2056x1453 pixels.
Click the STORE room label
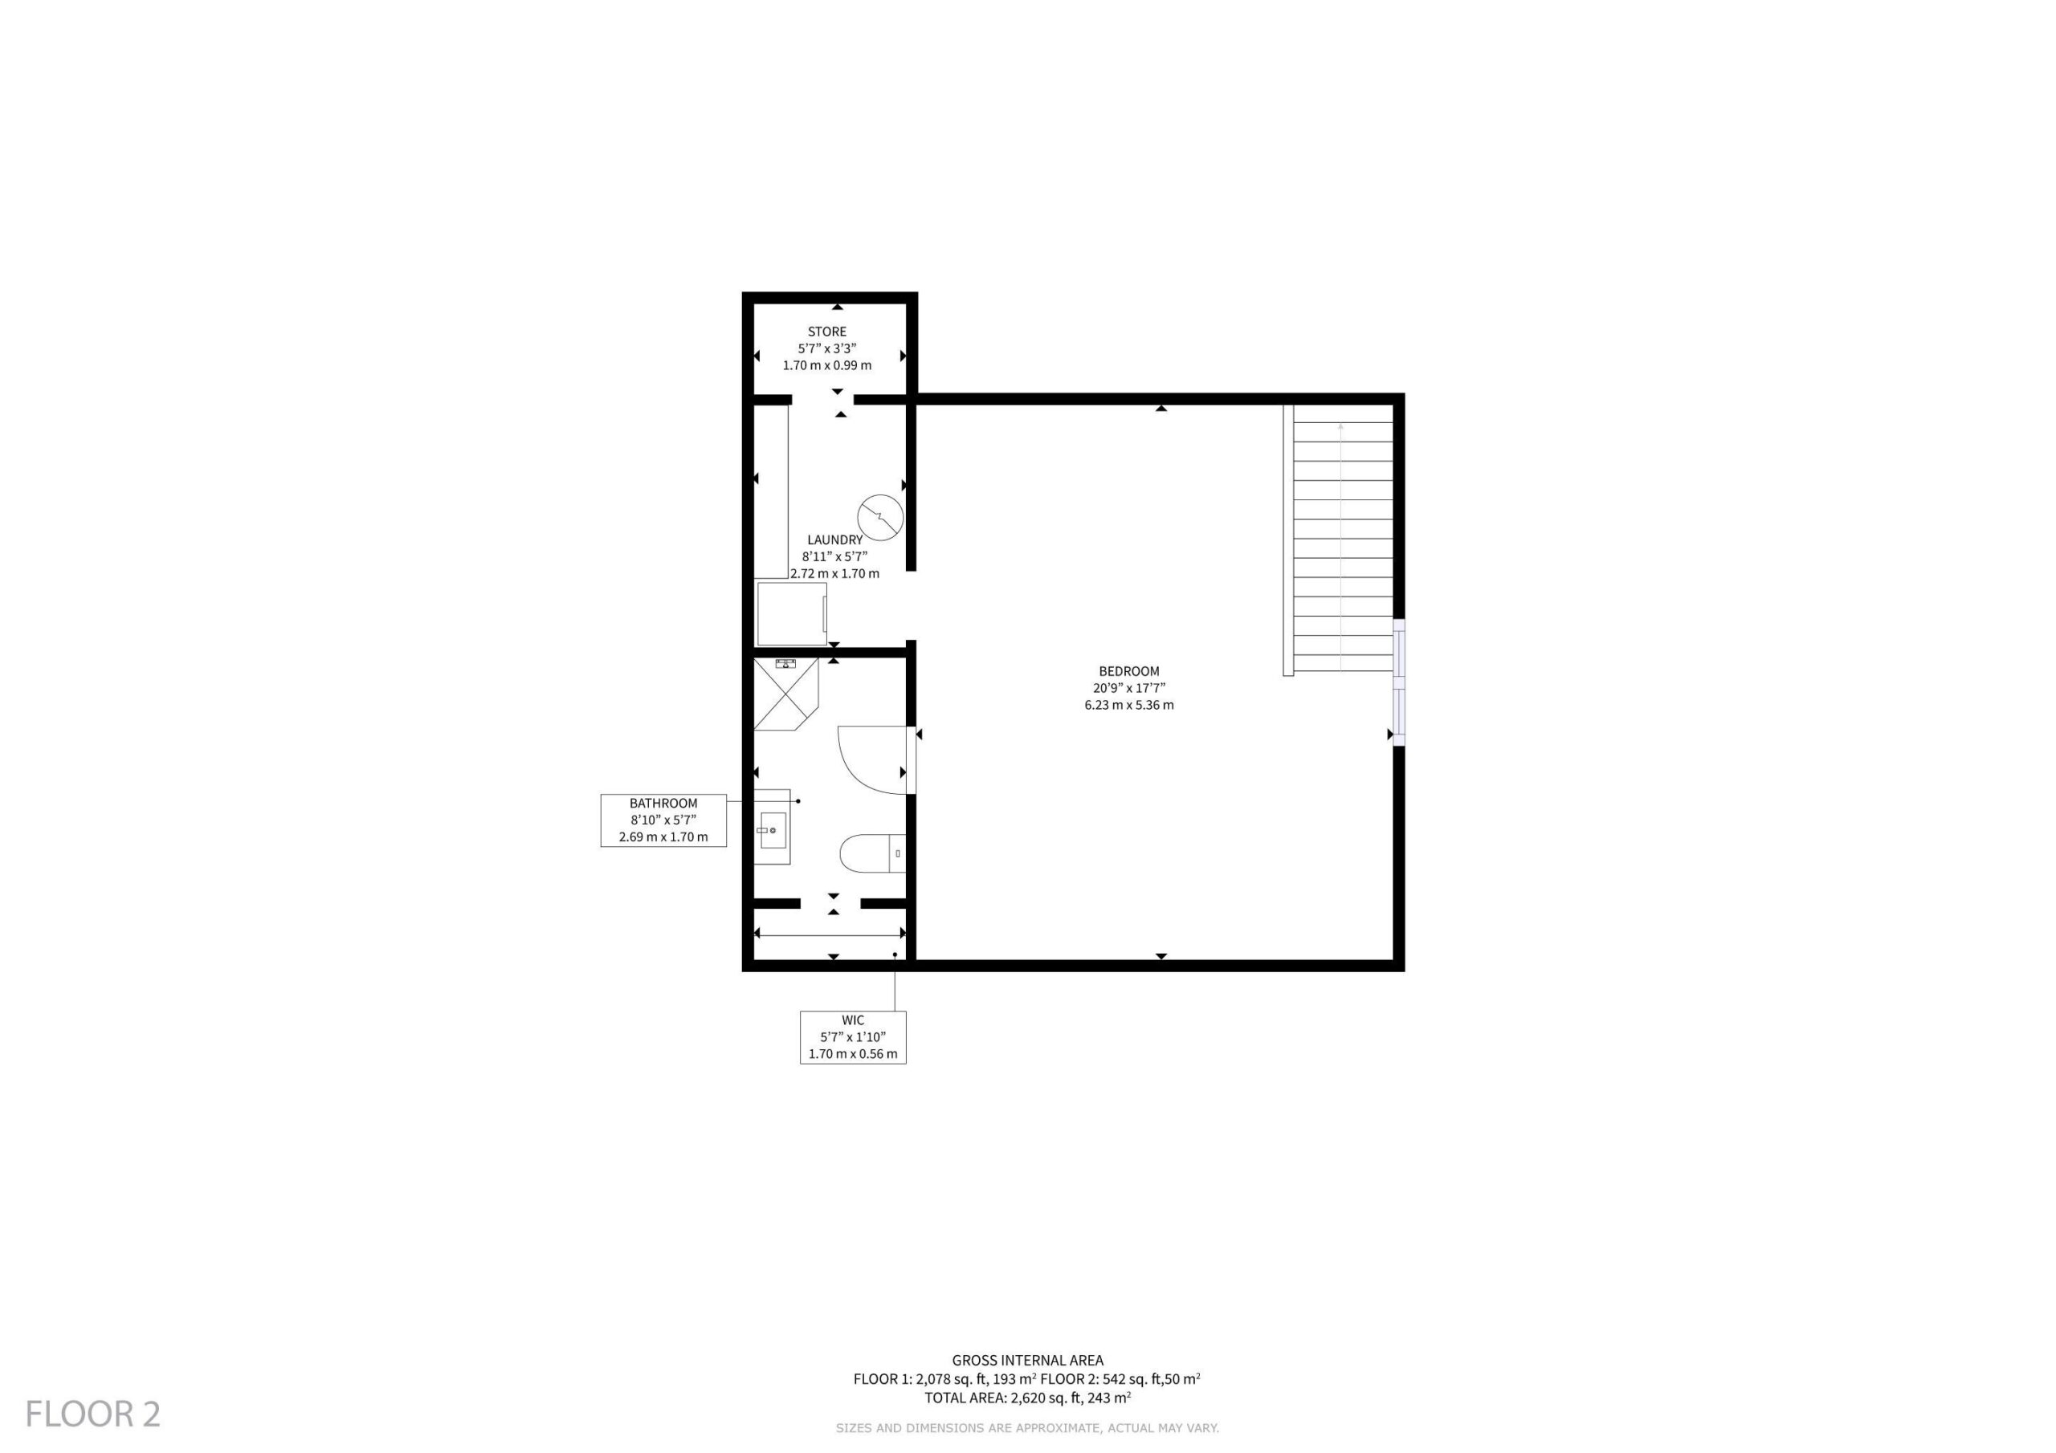(826, 332)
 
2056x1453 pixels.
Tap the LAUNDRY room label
(834, 539)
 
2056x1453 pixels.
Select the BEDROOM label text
(1129, 670)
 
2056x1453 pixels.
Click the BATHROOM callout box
(663, 820)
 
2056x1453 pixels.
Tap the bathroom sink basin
(773, 830)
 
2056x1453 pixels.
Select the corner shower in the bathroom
(786, 694)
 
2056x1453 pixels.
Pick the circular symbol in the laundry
(880, 518)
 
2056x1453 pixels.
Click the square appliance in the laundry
(792, 614)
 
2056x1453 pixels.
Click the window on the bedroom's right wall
(1399, 682)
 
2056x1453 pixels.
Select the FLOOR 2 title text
(93, 1414)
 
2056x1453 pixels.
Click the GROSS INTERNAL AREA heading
(1027, 1361)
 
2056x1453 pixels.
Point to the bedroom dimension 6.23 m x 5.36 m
(1129, 705)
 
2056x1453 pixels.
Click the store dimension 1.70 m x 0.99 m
(826, 365)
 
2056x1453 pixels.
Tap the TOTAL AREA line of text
(1027, 1398)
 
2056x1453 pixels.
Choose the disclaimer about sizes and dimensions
(1027, 1428)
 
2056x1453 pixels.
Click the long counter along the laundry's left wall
(771, 491)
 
